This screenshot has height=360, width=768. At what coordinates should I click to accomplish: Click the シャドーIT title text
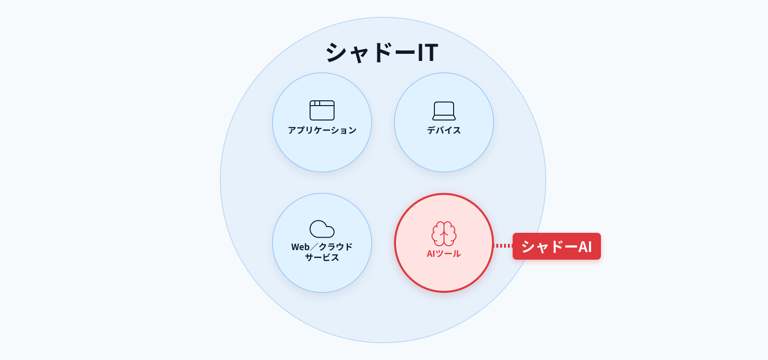click(382, 52)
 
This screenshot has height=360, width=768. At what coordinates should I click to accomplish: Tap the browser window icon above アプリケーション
click(322, 110)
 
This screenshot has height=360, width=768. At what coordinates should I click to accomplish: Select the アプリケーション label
click(322, 130)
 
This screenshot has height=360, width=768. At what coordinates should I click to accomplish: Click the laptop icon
click(444, 111)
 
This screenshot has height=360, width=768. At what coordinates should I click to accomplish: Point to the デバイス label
click(444, 130)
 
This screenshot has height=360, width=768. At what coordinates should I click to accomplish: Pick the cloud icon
click(322, 229)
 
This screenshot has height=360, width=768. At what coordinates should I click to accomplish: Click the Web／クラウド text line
click(322, 247)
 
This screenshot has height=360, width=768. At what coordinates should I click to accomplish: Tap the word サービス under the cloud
click(322, 257)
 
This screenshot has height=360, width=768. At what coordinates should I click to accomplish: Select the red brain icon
click(444, 233)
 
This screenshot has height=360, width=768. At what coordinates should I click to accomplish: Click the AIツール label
click(444, 254)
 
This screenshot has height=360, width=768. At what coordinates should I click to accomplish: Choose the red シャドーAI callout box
click(556, 246)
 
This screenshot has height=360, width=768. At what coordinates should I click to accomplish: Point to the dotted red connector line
click(503, 245)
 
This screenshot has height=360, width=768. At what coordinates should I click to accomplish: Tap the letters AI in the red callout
click(585, 247)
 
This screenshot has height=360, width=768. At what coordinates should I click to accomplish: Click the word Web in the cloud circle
click(300, 247)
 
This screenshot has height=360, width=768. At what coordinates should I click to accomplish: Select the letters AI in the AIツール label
click(431, 254)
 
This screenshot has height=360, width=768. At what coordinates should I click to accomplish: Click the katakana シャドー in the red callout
click(549, 247)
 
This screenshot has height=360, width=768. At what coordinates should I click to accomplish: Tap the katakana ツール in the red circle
click(448, 254)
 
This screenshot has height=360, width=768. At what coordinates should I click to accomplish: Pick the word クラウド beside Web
click(336, 247)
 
